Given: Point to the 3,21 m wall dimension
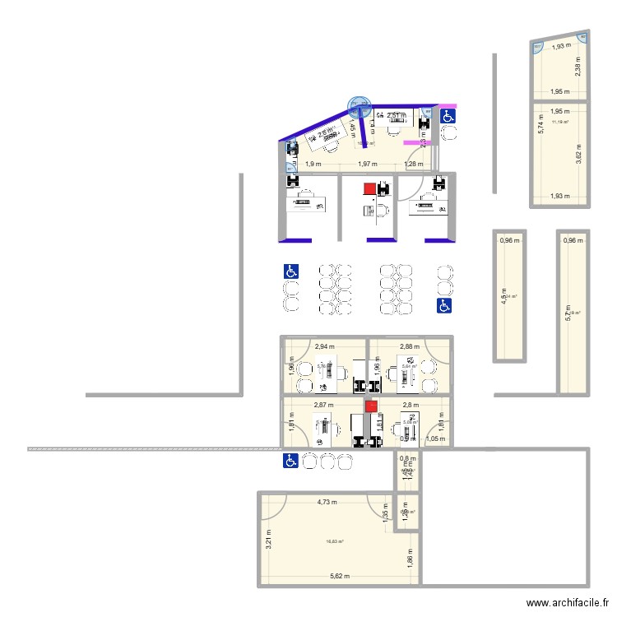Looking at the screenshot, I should pos(269,539).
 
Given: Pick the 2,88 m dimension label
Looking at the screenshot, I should pos(410,347).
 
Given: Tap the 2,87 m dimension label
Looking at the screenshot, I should pos(323,406).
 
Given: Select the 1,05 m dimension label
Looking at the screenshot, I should pos(436,439).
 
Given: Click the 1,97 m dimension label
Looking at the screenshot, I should pos(368,165).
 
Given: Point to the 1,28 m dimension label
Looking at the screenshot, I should pos(414,165).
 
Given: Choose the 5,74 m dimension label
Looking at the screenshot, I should pos(540,123).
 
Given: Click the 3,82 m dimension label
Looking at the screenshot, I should pos(579,153).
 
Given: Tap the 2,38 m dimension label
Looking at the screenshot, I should pos(579,69).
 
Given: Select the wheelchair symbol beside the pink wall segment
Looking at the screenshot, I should pos(448,118).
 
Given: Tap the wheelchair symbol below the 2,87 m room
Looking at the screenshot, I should pos(290,461).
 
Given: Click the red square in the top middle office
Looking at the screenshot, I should pos(370,188).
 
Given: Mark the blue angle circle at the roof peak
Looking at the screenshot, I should pos(360,104).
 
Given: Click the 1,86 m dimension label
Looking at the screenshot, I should pos(410,563).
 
